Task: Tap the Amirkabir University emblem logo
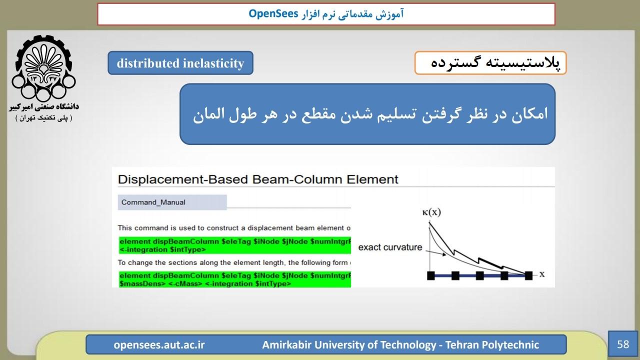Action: click(43, 68)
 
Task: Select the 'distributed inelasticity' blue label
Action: click(180, 63)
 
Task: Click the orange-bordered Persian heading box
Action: click(490, 63)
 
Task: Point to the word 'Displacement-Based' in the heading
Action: click(183, 179)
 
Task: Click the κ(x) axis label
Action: click(431, 212)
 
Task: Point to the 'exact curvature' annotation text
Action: click(390, 247)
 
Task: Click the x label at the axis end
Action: click(542, 274)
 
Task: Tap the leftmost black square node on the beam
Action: click(431, 275)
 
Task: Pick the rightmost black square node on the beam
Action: click(528, 275)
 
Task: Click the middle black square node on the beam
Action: click(480, 275)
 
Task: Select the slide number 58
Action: click(623, 344)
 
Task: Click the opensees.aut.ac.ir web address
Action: click(159, 344)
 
